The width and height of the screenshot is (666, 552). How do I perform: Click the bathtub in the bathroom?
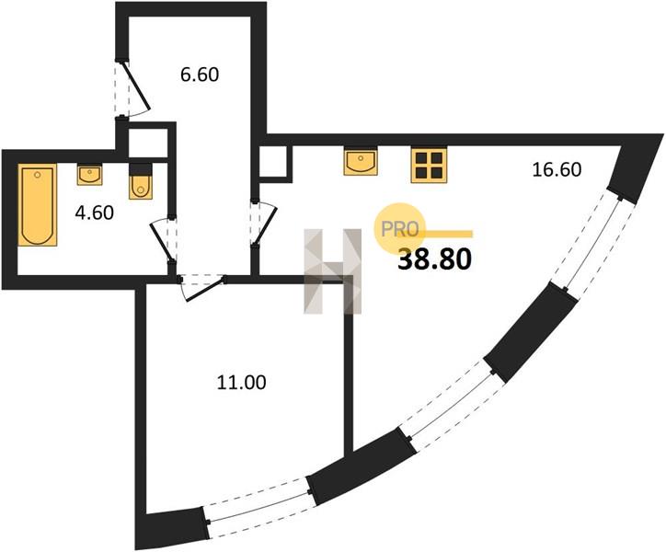click(38, 205)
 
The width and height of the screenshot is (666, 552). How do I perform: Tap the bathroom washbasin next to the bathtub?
click(89, 174)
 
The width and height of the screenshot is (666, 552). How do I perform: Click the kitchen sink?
click(361, 162)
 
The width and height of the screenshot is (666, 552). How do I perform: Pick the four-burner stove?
click(429, 166)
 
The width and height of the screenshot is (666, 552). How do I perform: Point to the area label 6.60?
click(200, 75)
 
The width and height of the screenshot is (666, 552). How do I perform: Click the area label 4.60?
click(95, 213)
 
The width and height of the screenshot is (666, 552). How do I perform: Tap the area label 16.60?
click(557, 170)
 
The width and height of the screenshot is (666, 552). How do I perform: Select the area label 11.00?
click(241, 383)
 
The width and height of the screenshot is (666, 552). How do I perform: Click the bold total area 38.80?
click(434, 259)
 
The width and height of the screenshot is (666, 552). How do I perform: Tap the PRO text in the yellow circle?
click(399, 229)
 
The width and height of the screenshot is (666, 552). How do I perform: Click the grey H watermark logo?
click(333, 271)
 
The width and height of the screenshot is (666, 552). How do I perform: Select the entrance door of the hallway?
click(132, 88)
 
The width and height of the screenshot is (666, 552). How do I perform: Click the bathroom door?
click(164, 240)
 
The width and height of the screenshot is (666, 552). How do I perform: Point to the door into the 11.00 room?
click(202, 288)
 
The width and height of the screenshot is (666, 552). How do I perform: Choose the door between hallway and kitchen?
click(263, 224)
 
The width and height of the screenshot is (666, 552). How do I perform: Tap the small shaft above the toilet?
click(148, 143)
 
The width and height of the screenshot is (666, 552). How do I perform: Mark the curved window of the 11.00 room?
click(258, 508)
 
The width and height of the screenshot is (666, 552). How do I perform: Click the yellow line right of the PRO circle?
click(445, 234)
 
